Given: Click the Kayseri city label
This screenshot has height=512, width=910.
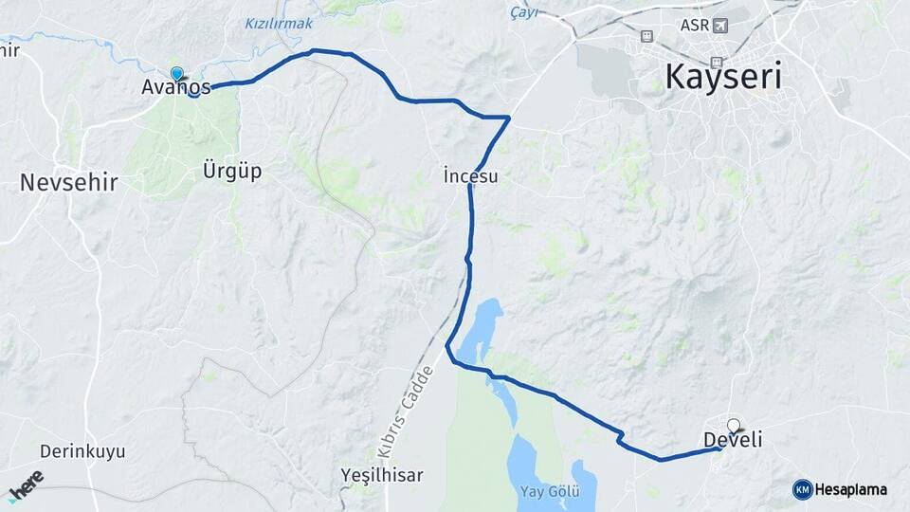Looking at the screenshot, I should coord(724,76).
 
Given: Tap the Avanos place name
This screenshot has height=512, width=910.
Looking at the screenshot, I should coord(175,88).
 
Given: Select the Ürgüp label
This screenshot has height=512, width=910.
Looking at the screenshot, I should coord(231,172).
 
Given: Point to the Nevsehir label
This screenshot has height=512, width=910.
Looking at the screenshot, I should coord(68,183).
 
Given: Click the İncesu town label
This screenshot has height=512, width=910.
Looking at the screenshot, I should coord(470,176).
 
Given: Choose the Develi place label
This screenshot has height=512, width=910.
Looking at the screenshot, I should coord(733,440).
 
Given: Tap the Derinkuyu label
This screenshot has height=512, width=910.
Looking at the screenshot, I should coord(82,451).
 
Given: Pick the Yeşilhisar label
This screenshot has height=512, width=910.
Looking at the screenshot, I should coord(382,474).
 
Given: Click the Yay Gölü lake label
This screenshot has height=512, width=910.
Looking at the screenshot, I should coord(550,491).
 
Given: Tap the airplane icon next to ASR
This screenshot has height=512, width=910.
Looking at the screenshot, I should coord(720,25).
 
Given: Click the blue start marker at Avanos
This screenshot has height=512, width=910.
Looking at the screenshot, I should coord(176,73).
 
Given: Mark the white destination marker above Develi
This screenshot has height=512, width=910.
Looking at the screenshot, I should coord(733,425).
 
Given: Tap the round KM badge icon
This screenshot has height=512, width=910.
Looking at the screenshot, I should coord(802,489).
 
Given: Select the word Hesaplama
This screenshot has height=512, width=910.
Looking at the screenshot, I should coord(852,489).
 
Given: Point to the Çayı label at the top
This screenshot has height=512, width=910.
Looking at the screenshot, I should coord(523,11).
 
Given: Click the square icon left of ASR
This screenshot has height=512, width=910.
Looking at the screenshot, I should coord(646,36).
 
